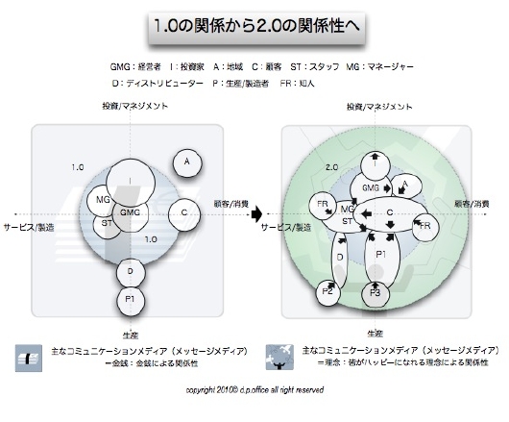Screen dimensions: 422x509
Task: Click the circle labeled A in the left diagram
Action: [187, 162]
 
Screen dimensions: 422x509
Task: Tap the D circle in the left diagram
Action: [129, 272]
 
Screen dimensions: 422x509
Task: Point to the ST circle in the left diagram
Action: [108, 223]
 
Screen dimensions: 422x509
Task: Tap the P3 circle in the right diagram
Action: [377, 291]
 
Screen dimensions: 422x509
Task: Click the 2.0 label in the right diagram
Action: [332, 167]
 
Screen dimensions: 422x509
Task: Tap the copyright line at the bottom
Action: [254, 390]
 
